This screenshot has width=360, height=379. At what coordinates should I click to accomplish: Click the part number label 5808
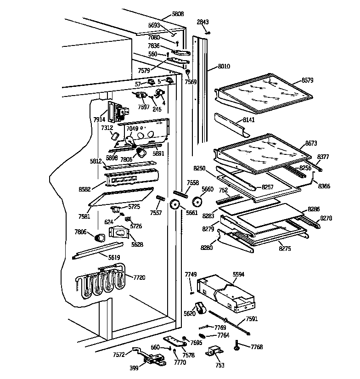tap(178, 14)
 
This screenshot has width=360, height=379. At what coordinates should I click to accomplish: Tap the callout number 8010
tap(224, 67)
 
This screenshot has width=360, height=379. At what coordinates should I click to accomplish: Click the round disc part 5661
tap(175, 205)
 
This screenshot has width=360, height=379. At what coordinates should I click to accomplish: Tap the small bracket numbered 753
tap(214, 353)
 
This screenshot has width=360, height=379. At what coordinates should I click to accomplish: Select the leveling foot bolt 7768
tap(237, 345)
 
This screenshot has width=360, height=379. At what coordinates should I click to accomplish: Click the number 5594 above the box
tap(238, 274)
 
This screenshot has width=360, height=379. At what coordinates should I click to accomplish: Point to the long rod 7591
tap(230, 320)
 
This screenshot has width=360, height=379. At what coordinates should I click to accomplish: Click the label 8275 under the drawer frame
tap(285, 249)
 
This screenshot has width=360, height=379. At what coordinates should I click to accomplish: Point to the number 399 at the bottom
tap(134, 368)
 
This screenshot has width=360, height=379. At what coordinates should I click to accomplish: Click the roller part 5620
tap(200, 308)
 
